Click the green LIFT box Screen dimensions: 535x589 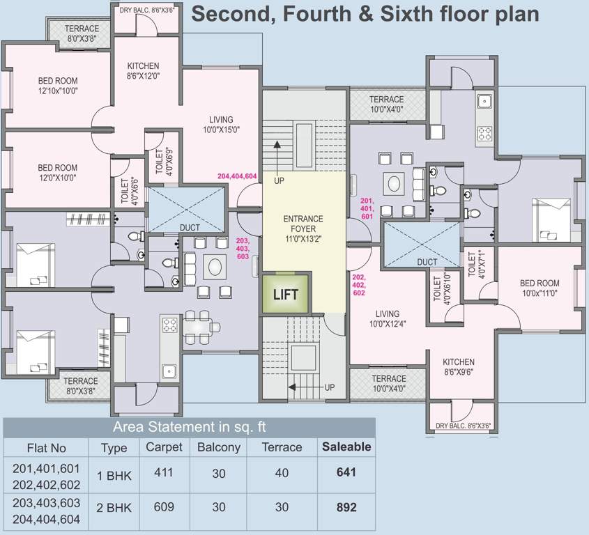(285, 294)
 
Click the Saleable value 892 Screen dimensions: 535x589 (346, 508)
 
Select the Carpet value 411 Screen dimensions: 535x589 (164, 472)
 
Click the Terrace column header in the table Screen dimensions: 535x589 (282, 447)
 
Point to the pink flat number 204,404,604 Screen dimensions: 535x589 (238, 176)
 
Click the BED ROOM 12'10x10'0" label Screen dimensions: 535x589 (58, 86)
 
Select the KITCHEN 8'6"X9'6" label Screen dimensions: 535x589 (458, 367)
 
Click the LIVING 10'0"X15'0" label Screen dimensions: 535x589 (221, 124)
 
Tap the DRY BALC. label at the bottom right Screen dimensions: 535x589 (462, 426)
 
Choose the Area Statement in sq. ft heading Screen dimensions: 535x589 (190, 427)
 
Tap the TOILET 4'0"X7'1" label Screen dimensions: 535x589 (475, 265)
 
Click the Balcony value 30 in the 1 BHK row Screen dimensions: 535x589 (219, 472)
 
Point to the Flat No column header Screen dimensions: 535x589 (46, 448)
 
